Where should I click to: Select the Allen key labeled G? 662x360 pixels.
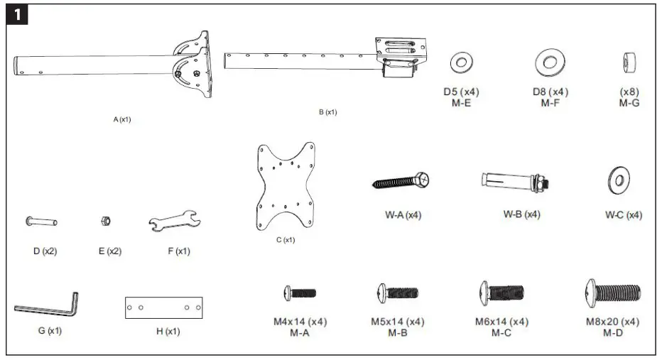click(x=47, y=306)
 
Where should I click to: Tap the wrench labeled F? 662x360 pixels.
click(x=175, y=223)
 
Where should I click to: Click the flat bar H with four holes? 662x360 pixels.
click(x=163, y=307)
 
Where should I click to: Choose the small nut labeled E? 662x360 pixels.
click(x=105, y=222)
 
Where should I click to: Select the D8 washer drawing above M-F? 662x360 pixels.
click(x=550, y=62)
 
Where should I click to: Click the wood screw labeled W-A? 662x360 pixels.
click(x=401, y=182)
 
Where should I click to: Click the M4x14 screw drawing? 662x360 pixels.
click(x=300, y=292)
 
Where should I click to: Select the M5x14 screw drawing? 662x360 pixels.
click(x=397, y=292)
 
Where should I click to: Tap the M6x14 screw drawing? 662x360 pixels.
click(x=501, y=291)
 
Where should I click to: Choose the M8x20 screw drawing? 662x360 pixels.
click(x=612, y=290)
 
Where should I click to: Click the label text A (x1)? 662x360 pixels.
click(x=122, y=119)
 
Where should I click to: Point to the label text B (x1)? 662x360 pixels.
click(x=328, y=112)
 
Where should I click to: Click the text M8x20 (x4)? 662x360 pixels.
click(x=612, y=322)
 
